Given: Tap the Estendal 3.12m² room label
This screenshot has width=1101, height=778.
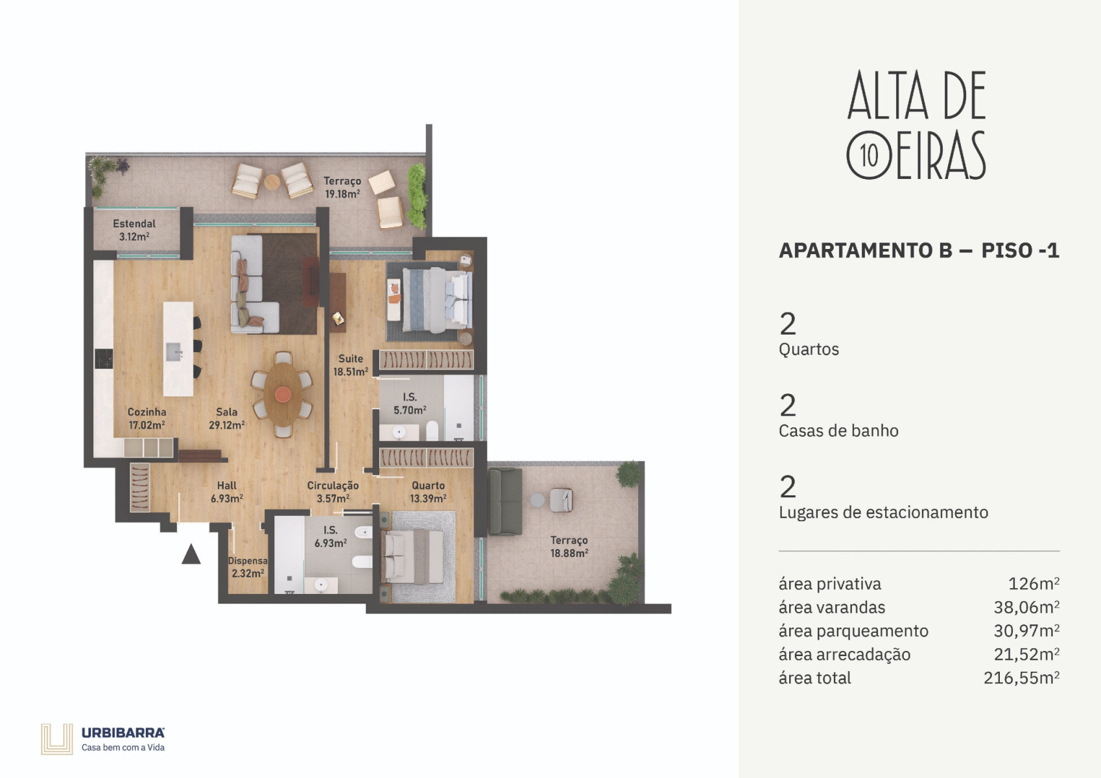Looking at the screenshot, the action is [134, 230].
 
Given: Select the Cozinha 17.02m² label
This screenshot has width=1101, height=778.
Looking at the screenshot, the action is [147, 418].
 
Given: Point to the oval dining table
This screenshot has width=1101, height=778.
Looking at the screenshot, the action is [283, 394].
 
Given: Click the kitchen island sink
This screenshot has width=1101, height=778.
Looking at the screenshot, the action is [174, 352].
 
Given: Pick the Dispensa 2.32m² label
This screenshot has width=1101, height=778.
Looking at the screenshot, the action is [248, 567].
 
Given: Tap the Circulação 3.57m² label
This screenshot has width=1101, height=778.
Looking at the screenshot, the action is [333, 491].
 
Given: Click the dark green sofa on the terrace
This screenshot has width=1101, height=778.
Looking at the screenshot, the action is [505, 501].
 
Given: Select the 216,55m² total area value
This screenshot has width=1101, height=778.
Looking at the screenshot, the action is [1021, 678].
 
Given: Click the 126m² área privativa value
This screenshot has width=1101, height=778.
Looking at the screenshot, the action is [1034, 583].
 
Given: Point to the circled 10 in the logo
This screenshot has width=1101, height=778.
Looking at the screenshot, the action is [869, 156].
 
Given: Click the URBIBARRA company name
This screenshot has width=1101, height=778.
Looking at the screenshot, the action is [123, 733].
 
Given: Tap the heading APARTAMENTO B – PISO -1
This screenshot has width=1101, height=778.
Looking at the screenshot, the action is [919, 251].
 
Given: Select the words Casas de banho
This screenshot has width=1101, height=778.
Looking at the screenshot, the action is [838, 430].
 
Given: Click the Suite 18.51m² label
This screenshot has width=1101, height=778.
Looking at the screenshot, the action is [350, 365].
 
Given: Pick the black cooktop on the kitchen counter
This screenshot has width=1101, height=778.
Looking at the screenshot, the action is [104, 359].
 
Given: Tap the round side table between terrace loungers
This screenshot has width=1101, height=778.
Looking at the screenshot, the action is [272, 182].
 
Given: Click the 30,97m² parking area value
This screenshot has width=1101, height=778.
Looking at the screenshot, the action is [1027, 631].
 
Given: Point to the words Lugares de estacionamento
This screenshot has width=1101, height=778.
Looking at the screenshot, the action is [884, 512].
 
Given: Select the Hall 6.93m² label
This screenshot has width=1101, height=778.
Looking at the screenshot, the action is [226, 491].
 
